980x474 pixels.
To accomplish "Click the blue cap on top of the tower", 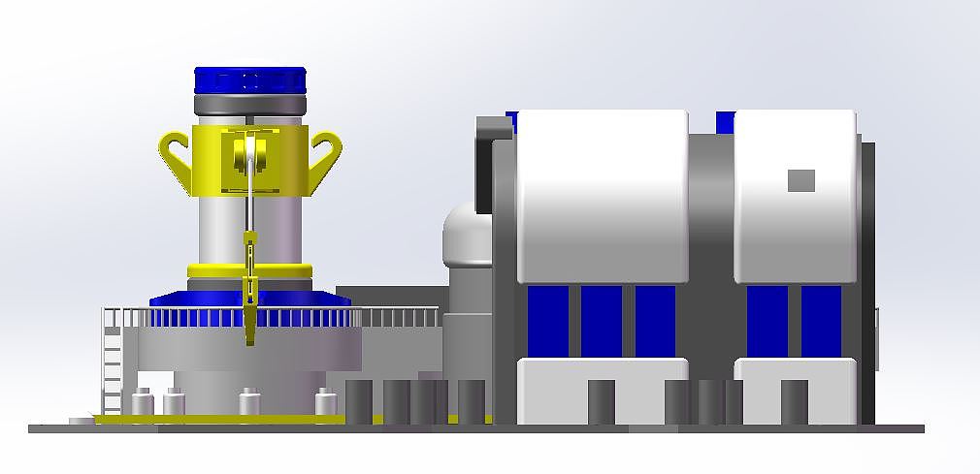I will (x=250, y=79).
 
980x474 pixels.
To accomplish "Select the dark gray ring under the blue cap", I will (x=250, y=104).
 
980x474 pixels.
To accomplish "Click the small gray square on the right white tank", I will (x=800, y=180).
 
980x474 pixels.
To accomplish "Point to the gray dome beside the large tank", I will (x=466, y=237).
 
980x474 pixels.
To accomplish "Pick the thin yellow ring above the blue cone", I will (x=250, y=269).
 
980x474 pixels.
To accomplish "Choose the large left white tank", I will (x=602, y=194).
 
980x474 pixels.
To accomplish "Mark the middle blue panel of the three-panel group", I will (x=602, y=321).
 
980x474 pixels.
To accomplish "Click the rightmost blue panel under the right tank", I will (x=821, y=321).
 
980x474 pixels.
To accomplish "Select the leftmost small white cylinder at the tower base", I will (x=143, y=401).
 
